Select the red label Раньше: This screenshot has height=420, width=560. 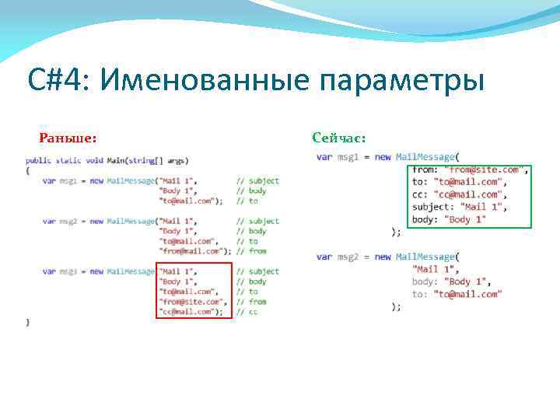68,138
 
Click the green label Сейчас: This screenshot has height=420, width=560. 338,138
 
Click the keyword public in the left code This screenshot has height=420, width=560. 37,160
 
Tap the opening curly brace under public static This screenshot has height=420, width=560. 27,170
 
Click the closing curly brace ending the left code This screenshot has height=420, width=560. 27,321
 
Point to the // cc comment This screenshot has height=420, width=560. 248,312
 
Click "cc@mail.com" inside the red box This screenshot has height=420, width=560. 187,312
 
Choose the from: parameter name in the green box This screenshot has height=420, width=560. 425,170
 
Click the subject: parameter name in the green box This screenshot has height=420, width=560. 432,207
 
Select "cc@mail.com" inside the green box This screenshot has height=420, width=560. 467,194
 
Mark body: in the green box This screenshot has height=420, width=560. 425,219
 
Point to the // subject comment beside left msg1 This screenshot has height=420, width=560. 258,180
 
